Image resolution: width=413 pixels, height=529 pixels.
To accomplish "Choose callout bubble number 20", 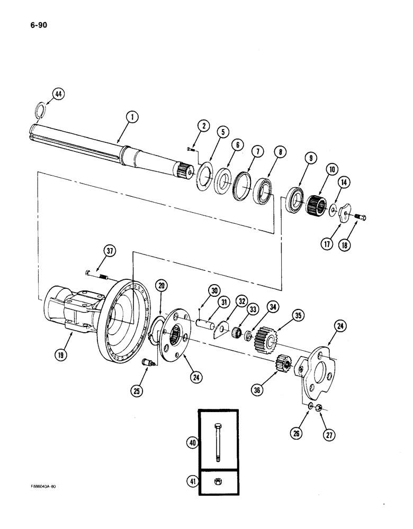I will [161, 285].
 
